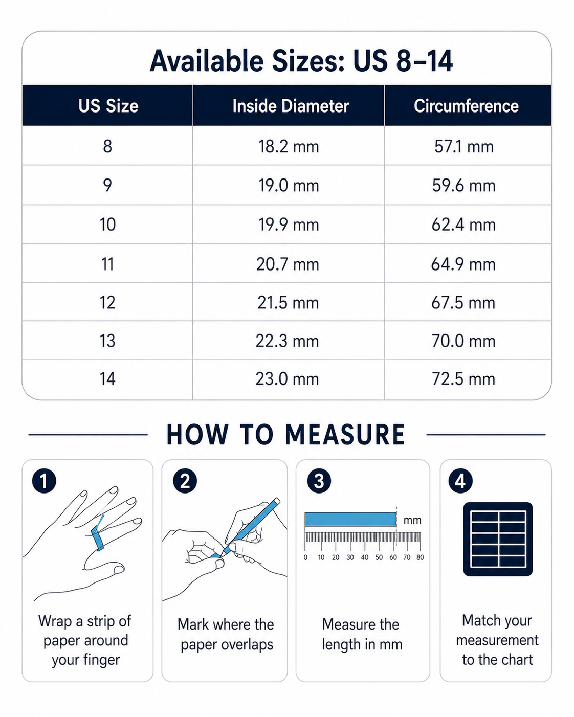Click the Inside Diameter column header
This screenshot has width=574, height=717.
(x=291, y=106)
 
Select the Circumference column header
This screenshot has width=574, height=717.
(x=466, y=106)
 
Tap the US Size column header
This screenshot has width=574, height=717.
(x=108, y=106)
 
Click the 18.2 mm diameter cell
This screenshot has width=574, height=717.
(x=289, y=146)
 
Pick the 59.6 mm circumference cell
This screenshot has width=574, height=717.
(x=463, y=185)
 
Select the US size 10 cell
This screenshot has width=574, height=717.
(x=107, y=224)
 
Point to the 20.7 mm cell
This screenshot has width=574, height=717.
(x=288, y=264)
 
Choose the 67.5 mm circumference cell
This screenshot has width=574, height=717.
(x=463, y=303)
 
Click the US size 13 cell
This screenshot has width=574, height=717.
(x=107, y=341)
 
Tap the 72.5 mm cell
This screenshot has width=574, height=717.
(x=463, y=379)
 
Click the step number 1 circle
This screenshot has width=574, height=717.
(x=44, y=481)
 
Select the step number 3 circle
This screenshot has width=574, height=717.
(x=319, y=481)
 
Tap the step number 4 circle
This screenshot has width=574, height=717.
(x=460, y=481)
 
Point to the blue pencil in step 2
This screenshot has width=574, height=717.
(x=251, y=526)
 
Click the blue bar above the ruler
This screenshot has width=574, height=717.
(x=350, y=520)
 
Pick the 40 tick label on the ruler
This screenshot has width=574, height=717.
(x=364, y=557)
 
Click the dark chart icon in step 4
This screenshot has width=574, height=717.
(x=498, y=539)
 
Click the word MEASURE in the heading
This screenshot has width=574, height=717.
(x=345, y=435)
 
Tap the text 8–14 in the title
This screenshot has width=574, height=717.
(x=424, y=61)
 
